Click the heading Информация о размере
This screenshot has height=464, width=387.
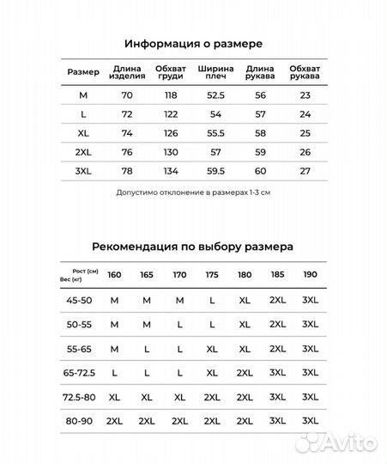[x=193, y=43]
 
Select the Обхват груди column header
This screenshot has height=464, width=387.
[x=170, y=72]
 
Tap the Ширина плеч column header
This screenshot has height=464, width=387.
[x=215, y=72]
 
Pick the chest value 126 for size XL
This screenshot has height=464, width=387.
[x=170, y=133]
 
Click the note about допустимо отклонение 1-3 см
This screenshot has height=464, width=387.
[x=193, y=192]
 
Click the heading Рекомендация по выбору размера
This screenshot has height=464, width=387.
[x=193, y=246]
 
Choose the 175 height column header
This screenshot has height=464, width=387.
[x=211, y=276]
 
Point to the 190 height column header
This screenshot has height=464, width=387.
[x=309, y=276]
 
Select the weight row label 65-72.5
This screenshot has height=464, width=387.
[x=79, y=374]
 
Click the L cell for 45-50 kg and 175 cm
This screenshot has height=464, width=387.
[x=211, y=301]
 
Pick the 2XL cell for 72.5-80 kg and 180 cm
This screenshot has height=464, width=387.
[x=245, y=398]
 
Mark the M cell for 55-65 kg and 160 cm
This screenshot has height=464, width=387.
[x=114, y=350]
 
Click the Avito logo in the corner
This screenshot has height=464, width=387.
[x=350, y=443]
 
